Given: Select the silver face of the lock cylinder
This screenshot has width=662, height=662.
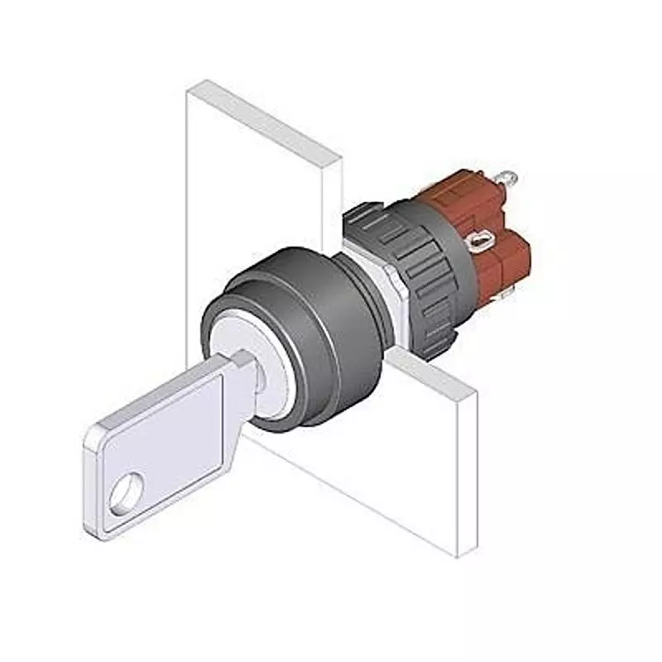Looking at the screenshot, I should [240, 348].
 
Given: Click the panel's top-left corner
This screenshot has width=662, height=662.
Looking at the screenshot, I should [188, 89].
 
